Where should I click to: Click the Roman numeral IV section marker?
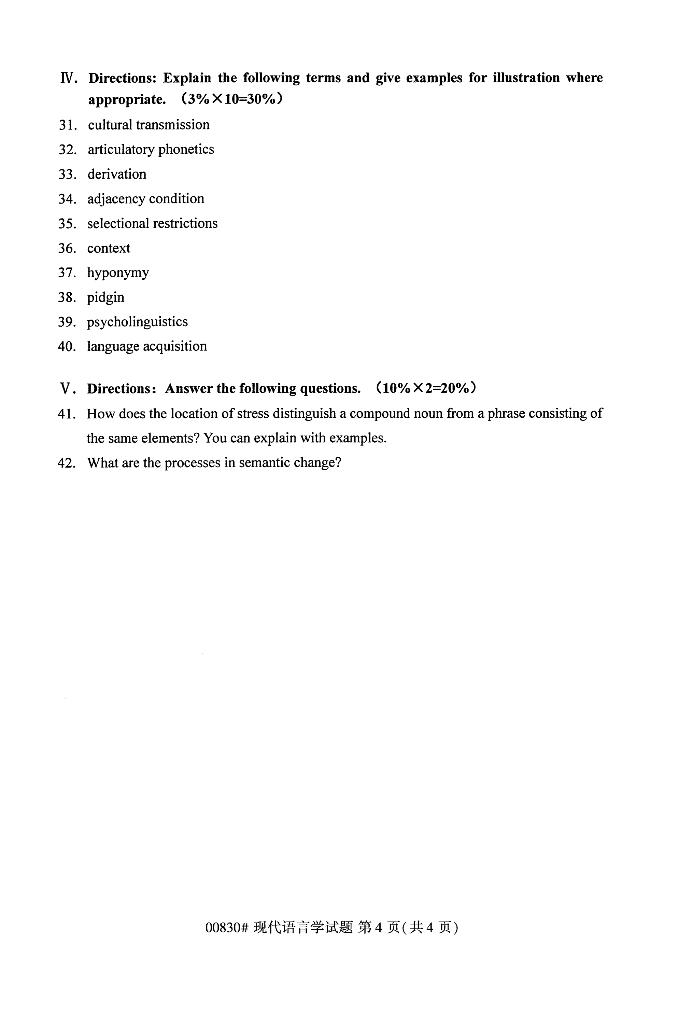tap(68, 79)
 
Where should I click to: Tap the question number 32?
tap(68, 150)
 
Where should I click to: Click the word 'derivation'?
tap(117, 174)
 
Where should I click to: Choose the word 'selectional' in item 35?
tap(118, 224)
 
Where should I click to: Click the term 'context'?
tap(109, 248)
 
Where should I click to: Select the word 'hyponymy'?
tap(118, 273)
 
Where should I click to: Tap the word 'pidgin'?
tap(106, 298)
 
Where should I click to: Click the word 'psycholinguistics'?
tap(137, 322)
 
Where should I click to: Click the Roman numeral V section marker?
tap(68, 389)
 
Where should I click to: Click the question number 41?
tap(67, 414)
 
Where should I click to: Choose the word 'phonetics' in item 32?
tap(186, 150)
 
